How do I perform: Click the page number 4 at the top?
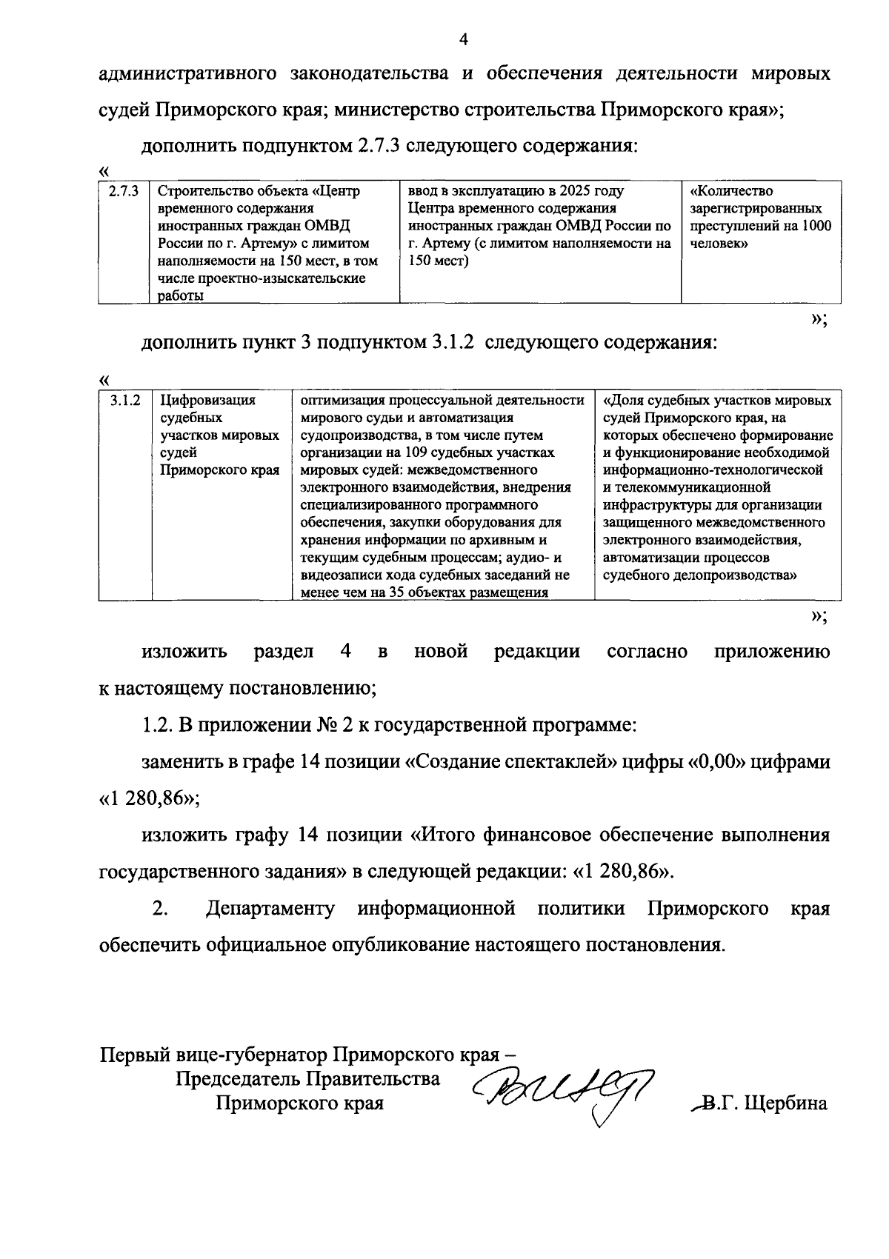[x=464, y=39]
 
